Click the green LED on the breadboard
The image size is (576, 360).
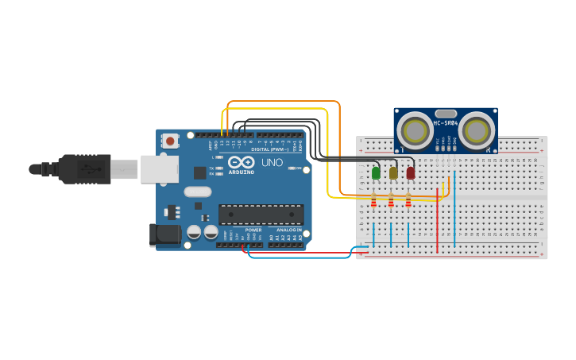tap(376, 172)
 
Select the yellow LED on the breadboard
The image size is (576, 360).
tap(393, 172)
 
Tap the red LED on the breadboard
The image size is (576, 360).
tap(411, 172)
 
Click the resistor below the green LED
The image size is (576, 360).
tap(373, 203)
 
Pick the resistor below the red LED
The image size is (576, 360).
tap(408, 203)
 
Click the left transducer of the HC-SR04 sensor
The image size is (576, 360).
tap(415, 130)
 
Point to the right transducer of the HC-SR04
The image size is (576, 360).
tap(477, 130)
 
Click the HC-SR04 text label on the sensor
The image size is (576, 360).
tap(445, 123)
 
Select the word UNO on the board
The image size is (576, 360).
tap(273, 162)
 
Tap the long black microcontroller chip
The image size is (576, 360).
tap(261, 214)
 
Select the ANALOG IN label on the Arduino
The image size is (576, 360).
tap(288, 230)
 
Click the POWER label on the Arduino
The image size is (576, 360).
tap(253, 230)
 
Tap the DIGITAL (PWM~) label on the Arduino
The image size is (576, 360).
tap(271, 149)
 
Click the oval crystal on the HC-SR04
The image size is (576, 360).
tap(446, 114)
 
